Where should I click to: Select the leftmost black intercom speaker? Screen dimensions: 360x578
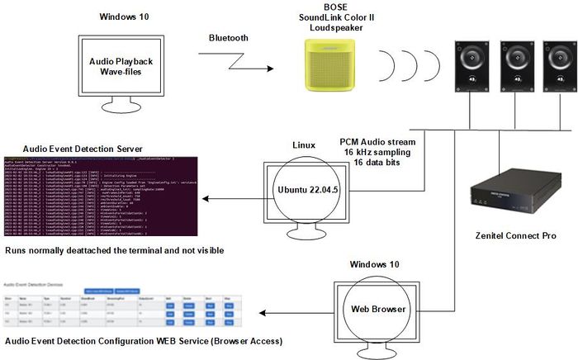pos(471,68)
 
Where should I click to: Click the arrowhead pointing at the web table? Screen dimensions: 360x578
pos(264,313)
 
